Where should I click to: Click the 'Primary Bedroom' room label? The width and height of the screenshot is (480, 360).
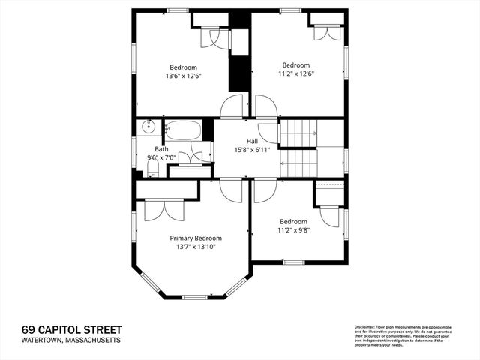[x=196, y=238]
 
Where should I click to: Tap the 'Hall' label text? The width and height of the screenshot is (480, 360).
[x=253, y=141]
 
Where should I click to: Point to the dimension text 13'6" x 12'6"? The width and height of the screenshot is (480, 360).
[x=183, y=76]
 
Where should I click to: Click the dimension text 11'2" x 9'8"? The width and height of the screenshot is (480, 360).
[x=293, y=230]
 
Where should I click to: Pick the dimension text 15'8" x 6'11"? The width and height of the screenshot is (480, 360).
[x=253, y=149]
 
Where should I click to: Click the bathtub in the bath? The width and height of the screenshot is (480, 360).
[x=183, y=130]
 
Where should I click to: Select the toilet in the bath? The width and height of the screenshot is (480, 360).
[x=152, y=168]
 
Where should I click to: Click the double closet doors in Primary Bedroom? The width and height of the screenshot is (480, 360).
[x=163, y=209]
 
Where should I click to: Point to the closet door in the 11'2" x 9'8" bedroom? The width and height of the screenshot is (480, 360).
[x=330, y=216]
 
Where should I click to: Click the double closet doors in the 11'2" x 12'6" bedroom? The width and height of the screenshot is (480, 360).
[x=327, y=31]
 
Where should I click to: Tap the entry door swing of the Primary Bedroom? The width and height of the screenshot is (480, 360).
[x=230, y=190]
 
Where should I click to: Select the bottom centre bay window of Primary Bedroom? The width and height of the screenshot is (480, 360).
[x=194, y=297]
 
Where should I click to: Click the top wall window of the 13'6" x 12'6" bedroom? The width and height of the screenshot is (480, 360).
[x=177, y=10]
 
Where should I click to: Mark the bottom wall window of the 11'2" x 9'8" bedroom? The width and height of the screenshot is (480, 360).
[x=293, y=262]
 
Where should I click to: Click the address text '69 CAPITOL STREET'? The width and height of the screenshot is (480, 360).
[x=70, y=330]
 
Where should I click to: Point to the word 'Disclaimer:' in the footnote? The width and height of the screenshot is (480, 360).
[x=364, y=327]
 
